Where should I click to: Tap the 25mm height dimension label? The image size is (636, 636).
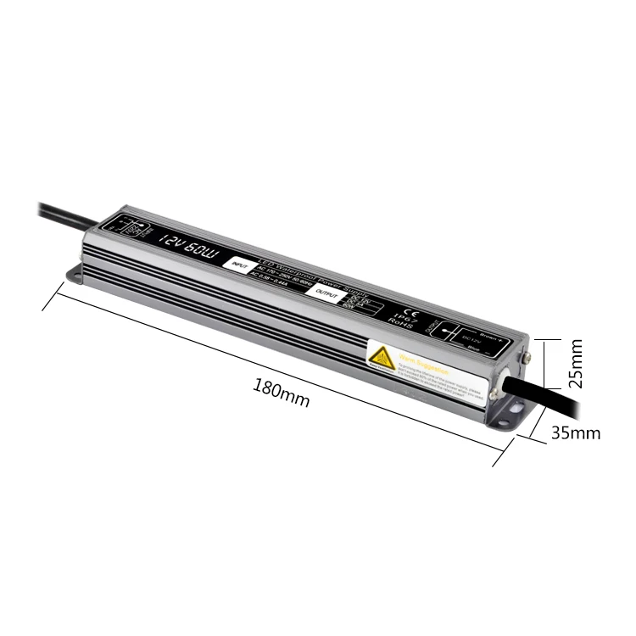coord(577,364)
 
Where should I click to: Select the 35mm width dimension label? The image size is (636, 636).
coord(576,433)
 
